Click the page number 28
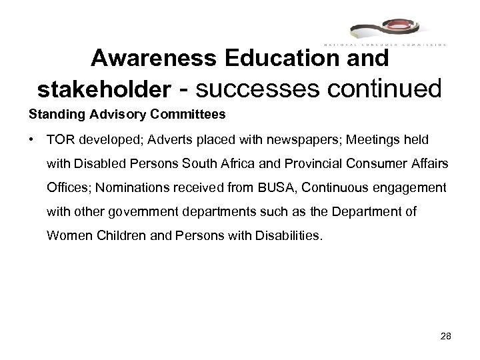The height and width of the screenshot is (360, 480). point(446,337)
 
